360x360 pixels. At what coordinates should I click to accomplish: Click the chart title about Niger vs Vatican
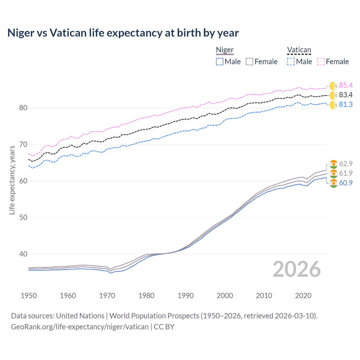pyautogui.click(x=123, y=33)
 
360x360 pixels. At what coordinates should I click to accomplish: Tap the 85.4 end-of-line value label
pyautogui.click(x=346, y=85)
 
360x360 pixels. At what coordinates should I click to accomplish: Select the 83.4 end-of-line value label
pyautogui.click(x=346, y=95)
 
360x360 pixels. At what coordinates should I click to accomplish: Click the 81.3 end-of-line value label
pyautogui.click(x=346, y=105)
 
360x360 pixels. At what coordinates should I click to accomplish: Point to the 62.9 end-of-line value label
pyautogui.click(x=346, y=164)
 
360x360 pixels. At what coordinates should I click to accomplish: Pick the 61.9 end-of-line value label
pyautogui.click(x=346, y=174)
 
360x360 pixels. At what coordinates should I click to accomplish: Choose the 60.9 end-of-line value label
pyautogui.click(x=346, y=183)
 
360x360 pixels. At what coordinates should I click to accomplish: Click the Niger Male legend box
pyautogui.click(x=220, y=62)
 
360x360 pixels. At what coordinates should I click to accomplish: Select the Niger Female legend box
pyautogui.click(x=249, y=62)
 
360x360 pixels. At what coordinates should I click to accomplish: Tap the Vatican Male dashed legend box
pyautogui.click(x=291, y=62)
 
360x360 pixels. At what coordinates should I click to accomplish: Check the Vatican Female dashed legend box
pyautogui.click(x=321, y=62)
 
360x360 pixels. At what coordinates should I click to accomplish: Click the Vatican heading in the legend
pyautogui.click(x=299, y=50)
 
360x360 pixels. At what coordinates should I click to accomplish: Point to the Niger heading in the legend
pyautogui.click(x=225, y=50)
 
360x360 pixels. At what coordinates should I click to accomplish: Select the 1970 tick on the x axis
pyautogui.click(x=107, y=296)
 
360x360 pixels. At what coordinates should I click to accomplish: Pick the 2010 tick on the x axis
pyautogui.click(x=264, y=296)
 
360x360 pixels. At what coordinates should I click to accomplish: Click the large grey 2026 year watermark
pyautogui.click(x=296, y=269)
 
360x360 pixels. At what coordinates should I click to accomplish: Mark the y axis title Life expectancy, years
pyautogui.click(x=12, y=180)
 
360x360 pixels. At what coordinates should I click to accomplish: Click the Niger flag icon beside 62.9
pyautogui.click(x=334, y=164)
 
